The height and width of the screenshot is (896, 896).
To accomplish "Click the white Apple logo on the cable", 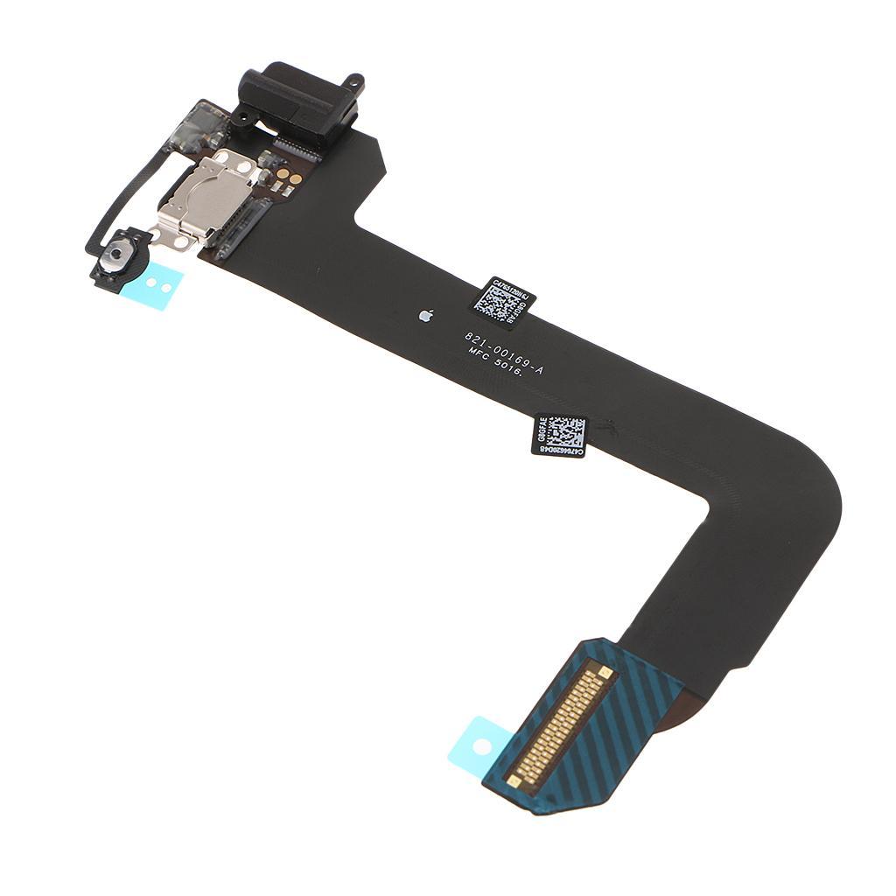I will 426,313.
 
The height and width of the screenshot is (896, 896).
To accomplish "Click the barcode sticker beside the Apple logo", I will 504,297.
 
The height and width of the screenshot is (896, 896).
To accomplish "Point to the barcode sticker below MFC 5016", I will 558,433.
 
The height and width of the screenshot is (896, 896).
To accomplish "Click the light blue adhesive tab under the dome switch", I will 157,282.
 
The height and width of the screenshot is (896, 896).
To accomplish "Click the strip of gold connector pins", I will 563,726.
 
